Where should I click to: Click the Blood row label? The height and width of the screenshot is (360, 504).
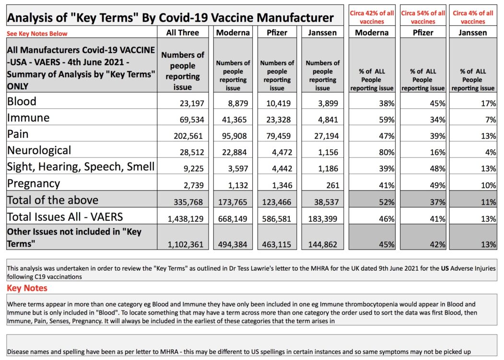(x=22, y=101)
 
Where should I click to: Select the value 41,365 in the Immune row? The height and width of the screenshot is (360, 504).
(x=234, y=120)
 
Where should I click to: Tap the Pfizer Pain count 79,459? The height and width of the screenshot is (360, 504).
(x=278, y=136)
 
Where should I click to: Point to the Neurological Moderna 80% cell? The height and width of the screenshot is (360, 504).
(x=387, y=152)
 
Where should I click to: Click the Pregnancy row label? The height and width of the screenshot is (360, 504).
(x=34, y=183)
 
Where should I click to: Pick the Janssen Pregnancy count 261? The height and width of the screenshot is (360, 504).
(x=333, y=185)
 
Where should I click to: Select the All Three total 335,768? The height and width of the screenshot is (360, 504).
(x=188, y=202)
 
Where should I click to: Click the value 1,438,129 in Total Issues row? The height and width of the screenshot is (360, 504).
(x=186, y=219)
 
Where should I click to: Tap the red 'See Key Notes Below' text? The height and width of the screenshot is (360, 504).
(x=37, y=34)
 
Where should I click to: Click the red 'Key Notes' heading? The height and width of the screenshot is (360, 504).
(x=27, y=288)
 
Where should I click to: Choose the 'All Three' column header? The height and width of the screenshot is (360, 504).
(x=183, y=33)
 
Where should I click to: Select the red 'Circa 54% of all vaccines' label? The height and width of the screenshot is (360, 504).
(x=423, y=17)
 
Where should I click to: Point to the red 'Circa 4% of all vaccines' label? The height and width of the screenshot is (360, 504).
(x=473, y=17)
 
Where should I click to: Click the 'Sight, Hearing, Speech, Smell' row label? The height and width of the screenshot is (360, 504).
(x=81, y=167)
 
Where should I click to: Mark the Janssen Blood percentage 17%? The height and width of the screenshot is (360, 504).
(x=488, y=103)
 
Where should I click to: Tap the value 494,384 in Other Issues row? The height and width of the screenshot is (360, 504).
(x=233, y=244)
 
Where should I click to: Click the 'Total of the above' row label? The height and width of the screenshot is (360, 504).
(x=53, y=200)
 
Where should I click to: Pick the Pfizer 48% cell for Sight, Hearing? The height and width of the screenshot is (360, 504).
(x=437, y=168)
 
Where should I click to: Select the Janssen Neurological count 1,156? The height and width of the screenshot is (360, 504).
(x=328, y=152)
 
